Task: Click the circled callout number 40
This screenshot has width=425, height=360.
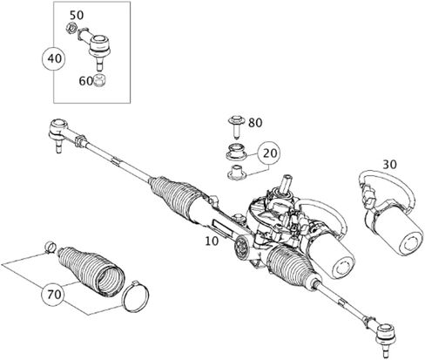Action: tap(55, 58)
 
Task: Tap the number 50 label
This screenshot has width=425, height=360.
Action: tap(77, 15)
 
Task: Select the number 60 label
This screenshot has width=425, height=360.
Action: tap(85, 81)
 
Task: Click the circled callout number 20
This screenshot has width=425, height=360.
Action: tap(270, 153)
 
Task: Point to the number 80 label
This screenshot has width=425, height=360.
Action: tap(255, 123)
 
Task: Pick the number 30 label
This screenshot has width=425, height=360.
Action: tap(389, 165)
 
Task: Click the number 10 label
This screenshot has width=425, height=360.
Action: tap(212, 241)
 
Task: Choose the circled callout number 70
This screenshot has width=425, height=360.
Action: tap(54, 295)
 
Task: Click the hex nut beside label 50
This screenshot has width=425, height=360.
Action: tap(71, 28)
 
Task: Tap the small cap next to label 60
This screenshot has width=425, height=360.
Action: tap(99, 81)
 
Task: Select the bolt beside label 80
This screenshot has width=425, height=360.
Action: tap(237, 126)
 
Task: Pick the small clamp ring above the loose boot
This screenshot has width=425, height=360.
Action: tap(51, 247)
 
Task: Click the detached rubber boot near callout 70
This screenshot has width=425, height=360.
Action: tap(91, 271)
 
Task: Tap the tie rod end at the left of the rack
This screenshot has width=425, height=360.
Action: tap(59, 133)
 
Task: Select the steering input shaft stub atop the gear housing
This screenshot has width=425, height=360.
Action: tap(286, 183)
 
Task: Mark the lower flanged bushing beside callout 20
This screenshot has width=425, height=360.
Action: tap(236, 172)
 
